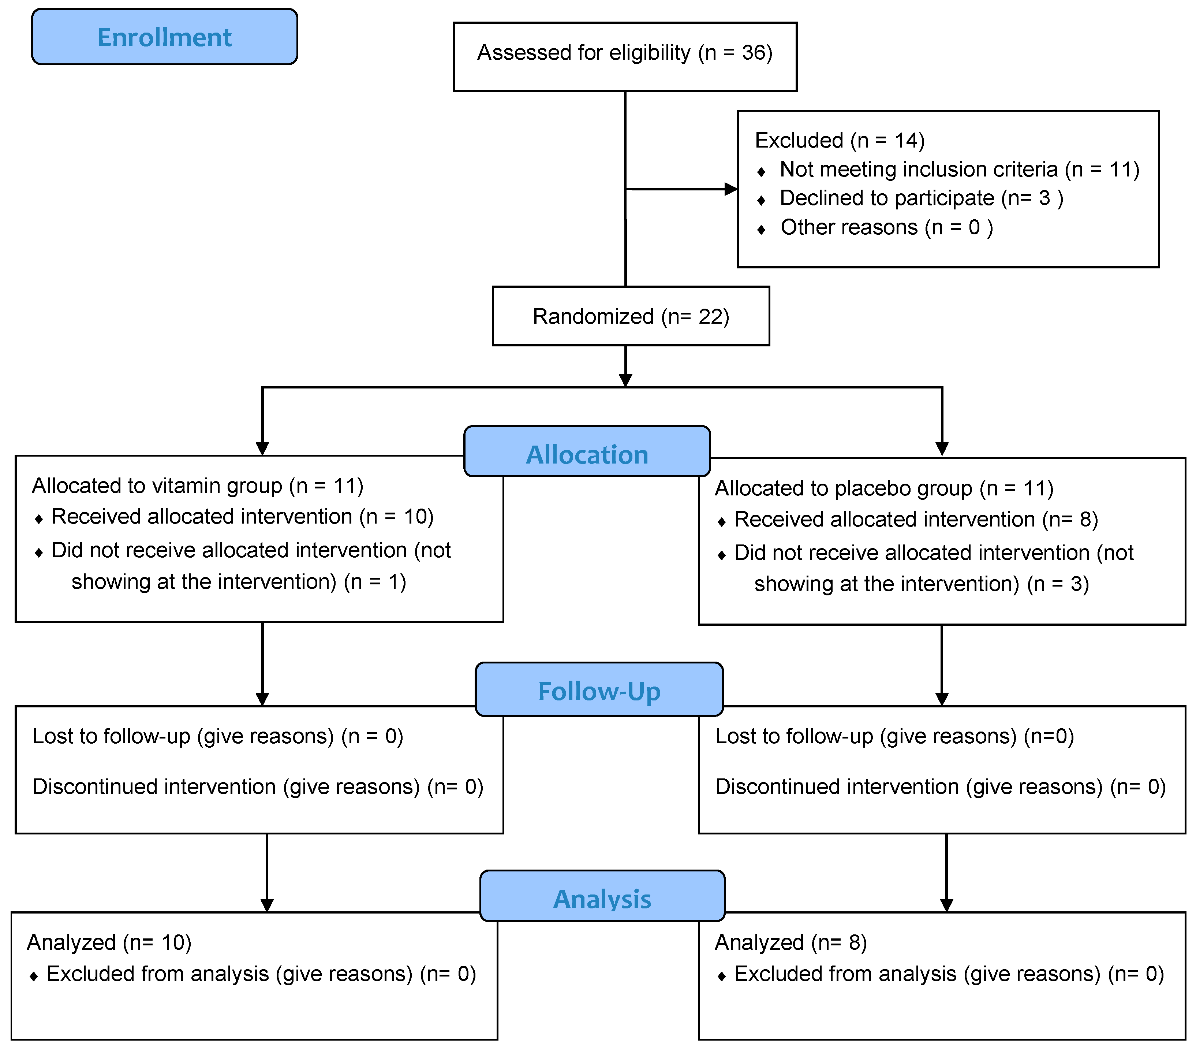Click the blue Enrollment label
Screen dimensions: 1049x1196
click(164, 37)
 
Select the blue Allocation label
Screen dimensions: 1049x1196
click(587, 454)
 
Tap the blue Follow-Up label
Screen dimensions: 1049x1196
click(599, 691)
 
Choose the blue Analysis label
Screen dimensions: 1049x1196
click(602, 899)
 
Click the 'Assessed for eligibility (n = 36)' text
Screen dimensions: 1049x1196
click(624, 53)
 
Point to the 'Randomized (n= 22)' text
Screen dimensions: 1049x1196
click(631, 317)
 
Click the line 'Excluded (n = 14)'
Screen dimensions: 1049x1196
click(839, 141)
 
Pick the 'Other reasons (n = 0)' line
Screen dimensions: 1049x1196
click(886, 227)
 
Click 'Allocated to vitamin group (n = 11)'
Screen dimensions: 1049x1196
click(198, 485)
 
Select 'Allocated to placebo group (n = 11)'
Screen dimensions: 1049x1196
click(883, 488)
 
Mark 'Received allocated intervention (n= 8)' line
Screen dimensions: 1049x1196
click(916, 519)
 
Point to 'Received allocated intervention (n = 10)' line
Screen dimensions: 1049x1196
click(242, 516)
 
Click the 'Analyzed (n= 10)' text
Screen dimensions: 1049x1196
click(109, 942)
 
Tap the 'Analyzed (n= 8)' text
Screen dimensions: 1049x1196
click(791, 942)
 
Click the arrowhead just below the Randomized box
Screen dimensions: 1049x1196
click(625, 380)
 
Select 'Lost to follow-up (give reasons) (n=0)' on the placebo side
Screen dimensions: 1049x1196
click(895, 736)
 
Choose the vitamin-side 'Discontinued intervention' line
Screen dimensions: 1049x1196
click(257, 786)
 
